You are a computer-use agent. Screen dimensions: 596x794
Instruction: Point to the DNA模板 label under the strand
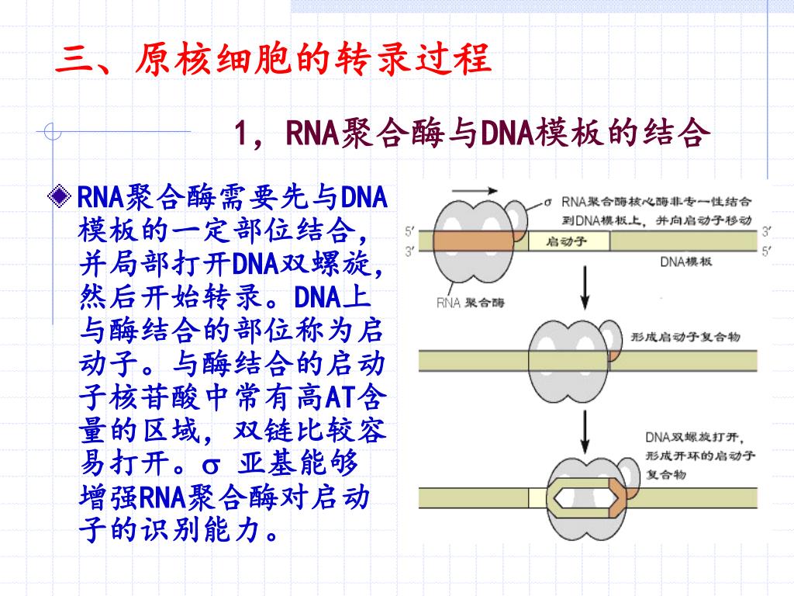[686, 261]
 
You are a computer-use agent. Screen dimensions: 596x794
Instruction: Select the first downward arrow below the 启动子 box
[585, 291]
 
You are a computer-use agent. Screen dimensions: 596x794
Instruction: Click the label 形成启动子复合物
[685, 337]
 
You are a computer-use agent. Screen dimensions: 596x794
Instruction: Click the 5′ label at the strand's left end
[409, 230]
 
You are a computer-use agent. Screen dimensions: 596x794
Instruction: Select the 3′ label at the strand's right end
[766, 230]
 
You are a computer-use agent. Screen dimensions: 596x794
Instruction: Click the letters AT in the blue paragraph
[339, 399]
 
